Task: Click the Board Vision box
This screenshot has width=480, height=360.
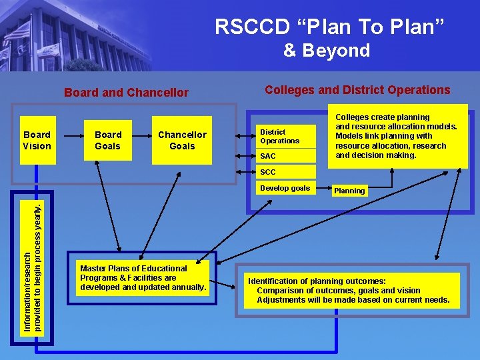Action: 37,140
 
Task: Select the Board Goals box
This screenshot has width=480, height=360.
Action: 108,140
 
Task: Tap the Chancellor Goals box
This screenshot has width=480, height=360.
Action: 182,140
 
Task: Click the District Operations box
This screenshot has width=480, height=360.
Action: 286,137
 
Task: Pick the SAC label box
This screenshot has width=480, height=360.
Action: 286,156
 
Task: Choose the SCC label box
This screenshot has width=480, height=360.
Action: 286,172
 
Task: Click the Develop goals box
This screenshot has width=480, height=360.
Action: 286,188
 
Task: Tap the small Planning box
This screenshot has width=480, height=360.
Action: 349,191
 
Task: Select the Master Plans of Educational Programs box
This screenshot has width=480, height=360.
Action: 142,278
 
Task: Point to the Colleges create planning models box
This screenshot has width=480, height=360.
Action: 397,137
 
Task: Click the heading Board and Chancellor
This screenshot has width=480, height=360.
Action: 126,93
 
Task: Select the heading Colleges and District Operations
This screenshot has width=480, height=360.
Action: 357,90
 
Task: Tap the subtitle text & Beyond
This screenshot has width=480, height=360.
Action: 326,51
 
